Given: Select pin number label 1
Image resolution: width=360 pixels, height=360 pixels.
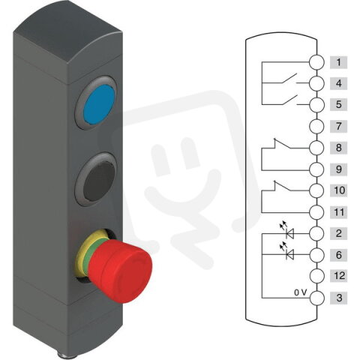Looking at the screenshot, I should coord(340,61).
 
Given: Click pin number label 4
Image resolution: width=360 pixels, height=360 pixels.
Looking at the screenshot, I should coord(340,82).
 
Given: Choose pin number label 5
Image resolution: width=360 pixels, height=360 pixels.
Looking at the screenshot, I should coord(340,104).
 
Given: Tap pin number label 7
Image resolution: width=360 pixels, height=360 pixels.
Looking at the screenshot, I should coord(340,126).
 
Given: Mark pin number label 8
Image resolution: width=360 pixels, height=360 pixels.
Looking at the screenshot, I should coord(340,148).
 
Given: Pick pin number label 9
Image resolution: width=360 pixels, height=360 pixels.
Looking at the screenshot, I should coord(340,169).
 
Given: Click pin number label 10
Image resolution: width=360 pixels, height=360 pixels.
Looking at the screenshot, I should coord(340,190).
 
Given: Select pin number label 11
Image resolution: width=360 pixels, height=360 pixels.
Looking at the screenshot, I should coord(340,212).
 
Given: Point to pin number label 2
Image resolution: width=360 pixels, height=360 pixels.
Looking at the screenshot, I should coord(340,234).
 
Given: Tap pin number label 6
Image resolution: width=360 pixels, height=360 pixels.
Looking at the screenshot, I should coord(340,256).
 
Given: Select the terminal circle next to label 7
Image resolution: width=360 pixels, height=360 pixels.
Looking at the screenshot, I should coord(317,126).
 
